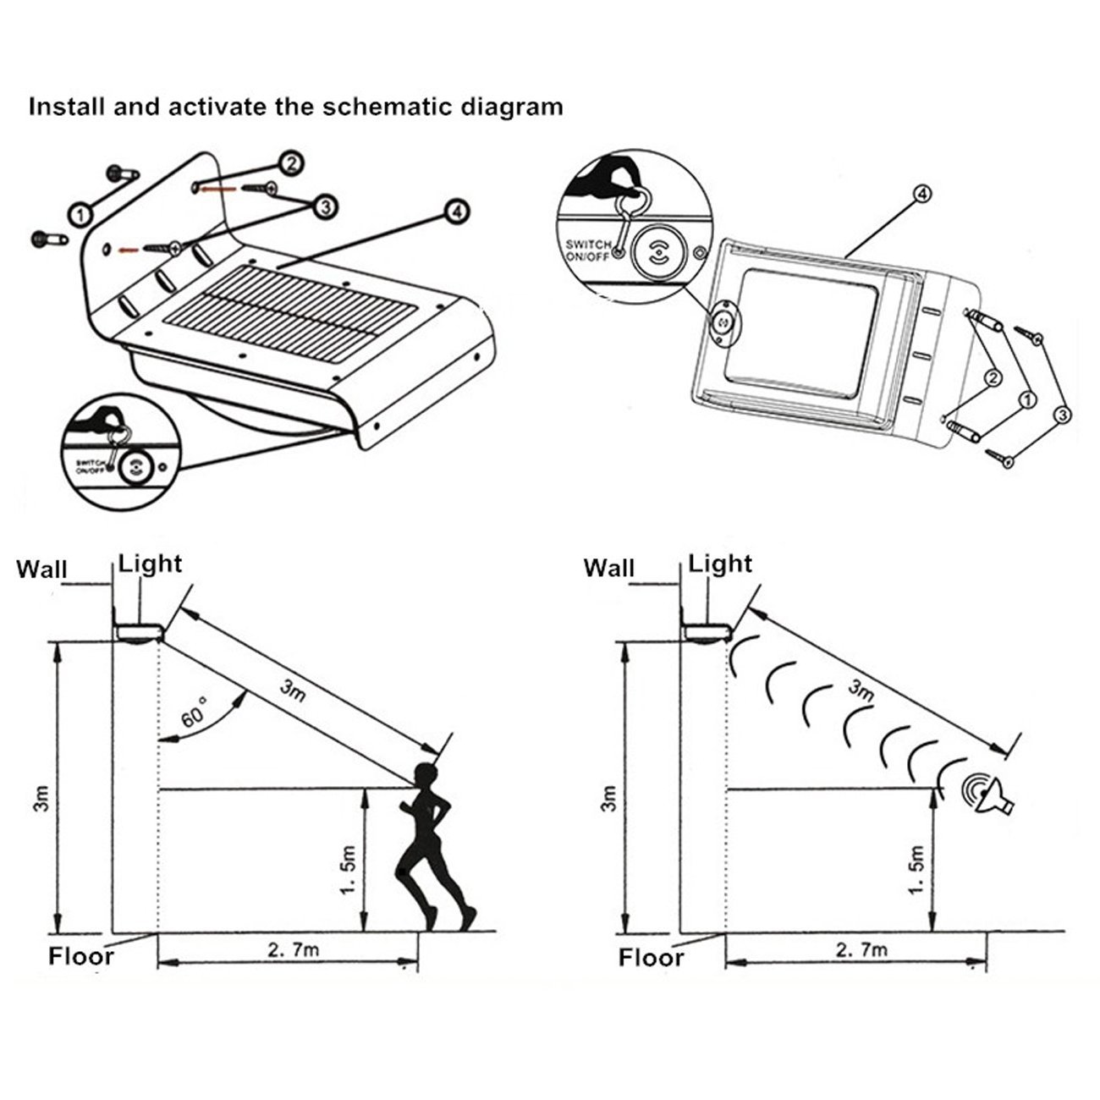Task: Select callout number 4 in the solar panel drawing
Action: click(x=456, y=211)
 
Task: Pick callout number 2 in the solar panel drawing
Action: click(x=290, y=163)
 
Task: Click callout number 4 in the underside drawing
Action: click(x=921, y=194)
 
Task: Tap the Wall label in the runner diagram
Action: click(x=42, y=569)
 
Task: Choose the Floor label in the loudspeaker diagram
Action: click(x=651, y=958)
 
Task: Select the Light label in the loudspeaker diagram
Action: click(x=720, y=564)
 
